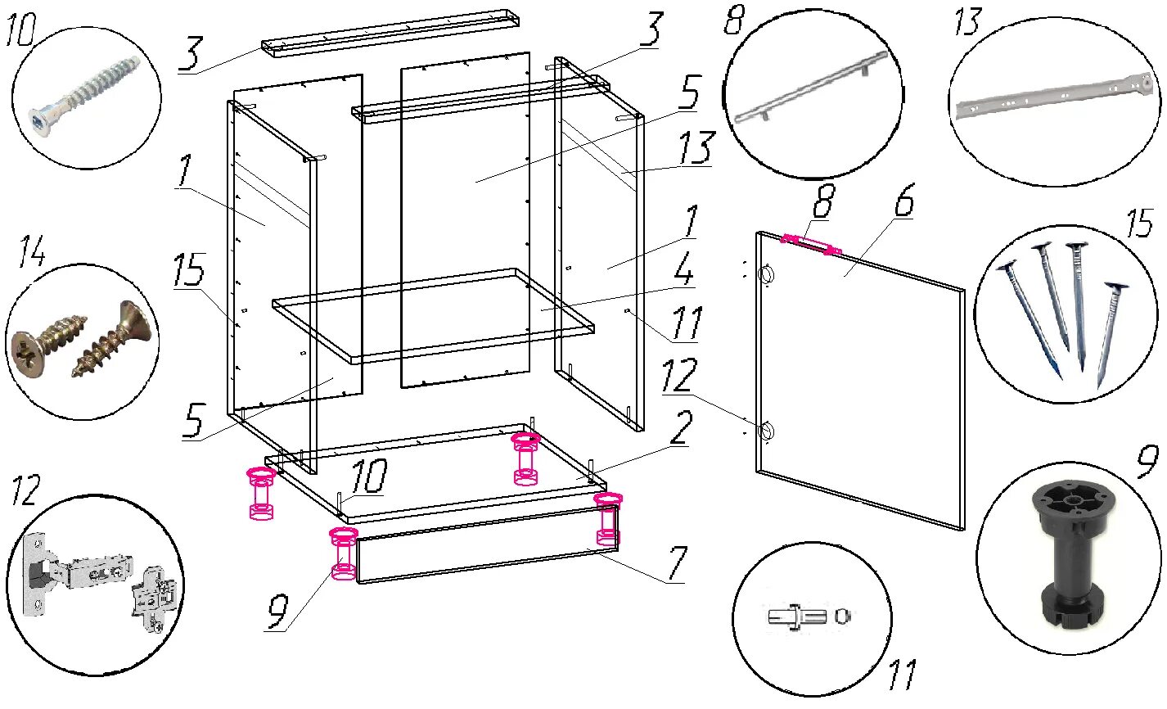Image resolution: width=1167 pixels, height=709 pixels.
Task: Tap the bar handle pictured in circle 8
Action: (811, 87)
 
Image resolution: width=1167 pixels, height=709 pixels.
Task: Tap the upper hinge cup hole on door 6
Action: (768, 275)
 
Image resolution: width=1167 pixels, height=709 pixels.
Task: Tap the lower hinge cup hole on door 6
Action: (767, 431)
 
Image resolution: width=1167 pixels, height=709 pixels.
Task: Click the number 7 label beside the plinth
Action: (677, 562)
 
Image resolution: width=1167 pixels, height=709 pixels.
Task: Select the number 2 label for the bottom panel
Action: (682, 427)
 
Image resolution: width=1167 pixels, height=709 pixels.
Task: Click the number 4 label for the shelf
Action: (683, 269)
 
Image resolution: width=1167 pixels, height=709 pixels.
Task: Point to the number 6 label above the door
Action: (904, 200)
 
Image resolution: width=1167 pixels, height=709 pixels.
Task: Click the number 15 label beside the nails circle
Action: (1139, 224)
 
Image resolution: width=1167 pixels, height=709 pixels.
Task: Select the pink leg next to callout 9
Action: (344, 553)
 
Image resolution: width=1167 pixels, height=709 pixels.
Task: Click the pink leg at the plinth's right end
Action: (608, 520)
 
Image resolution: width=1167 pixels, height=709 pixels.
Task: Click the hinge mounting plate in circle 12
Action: (153, 600)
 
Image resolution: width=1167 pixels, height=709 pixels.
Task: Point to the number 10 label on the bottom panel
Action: (369, 476)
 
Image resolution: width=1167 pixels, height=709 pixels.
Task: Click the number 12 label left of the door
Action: (679, 375)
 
